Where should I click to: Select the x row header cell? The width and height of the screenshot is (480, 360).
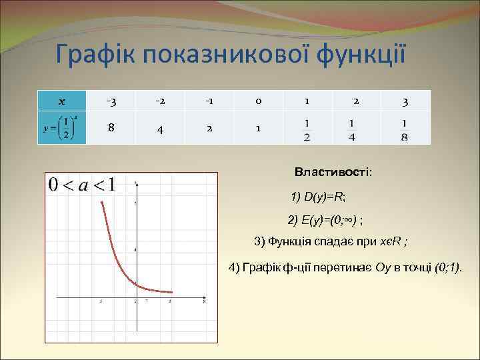(x=61, y=101)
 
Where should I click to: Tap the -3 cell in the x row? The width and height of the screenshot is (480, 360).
(x=112, y=101)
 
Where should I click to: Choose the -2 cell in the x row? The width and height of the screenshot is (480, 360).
(x=160, y=101)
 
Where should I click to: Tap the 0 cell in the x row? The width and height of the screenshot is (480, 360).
(x=257, y=101)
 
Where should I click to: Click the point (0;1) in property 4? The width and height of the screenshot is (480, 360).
(x=448, y=267)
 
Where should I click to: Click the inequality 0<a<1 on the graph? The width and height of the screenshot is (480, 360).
(x=81, y=185)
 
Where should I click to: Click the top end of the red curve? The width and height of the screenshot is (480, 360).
(x=101, y=201)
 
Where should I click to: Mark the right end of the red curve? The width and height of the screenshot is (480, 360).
(x=172, y=292)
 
